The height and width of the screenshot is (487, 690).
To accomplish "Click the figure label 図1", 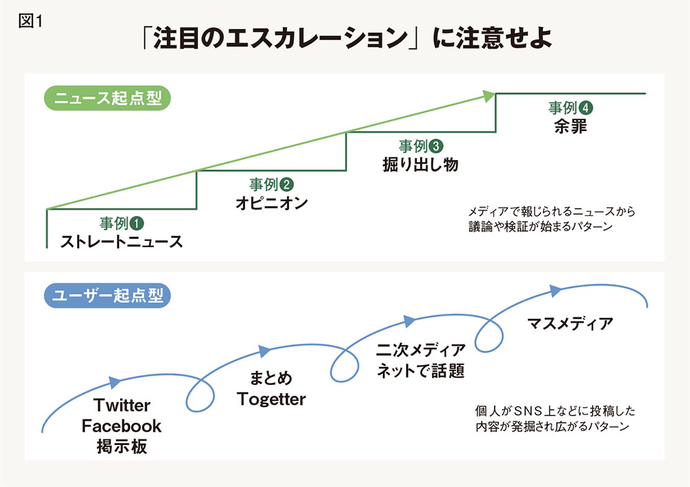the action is pos(30,21).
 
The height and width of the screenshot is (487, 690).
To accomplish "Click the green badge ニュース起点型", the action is pos(108,98).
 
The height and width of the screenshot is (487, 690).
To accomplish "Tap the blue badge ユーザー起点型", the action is pos(108,295).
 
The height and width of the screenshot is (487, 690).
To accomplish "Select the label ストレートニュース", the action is pos(121,241).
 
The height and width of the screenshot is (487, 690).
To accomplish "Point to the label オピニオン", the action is pos(271,203).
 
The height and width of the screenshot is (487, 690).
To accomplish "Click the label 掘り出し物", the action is pos(421,165).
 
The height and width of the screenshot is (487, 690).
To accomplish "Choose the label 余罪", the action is pos(571,126).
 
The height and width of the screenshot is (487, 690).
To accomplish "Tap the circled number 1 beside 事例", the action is pos(137,223).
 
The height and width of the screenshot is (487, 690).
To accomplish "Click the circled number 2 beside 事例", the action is pos(286,185).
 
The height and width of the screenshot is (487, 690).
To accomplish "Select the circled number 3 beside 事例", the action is pos(436,146).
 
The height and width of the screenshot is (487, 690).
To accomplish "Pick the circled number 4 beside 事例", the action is pos(586,108).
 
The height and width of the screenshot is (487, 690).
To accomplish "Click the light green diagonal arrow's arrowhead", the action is pos(489,97).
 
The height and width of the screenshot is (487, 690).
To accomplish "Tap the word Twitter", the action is pos(122,405).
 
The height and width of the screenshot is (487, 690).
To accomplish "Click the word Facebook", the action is pos(121,426).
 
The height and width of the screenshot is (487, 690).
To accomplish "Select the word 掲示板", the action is pos(122,446).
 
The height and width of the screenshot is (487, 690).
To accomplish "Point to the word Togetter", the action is pos(271,399).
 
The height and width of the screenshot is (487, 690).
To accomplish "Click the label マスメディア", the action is pos(570,324).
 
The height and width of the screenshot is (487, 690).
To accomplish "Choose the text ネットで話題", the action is pos(421,371).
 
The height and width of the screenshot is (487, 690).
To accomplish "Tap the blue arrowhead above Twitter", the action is pos(115,382).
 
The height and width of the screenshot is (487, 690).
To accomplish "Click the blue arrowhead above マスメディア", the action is pos(555,290).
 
